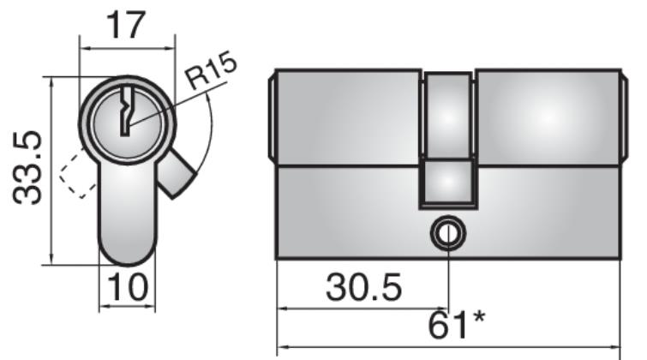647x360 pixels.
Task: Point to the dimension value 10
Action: pos(128,286)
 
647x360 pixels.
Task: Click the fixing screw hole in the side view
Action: pos(447,232)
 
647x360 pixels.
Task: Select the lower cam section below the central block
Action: pos(447,183)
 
